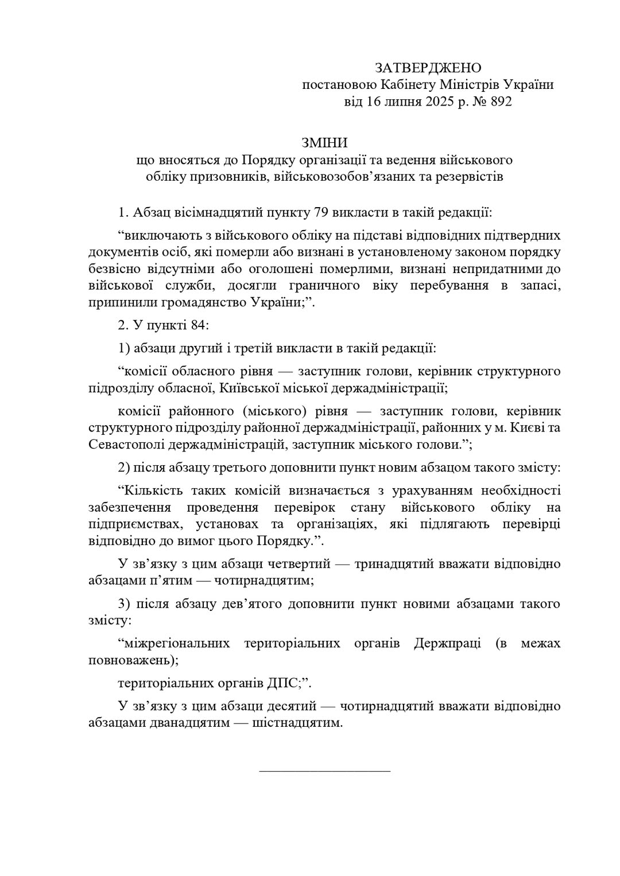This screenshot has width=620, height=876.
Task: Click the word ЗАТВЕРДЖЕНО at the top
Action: click(428, 68)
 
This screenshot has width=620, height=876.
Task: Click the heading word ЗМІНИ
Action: click(325, 142)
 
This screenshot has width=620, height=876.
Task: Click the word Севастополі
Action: click(123, 445)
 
